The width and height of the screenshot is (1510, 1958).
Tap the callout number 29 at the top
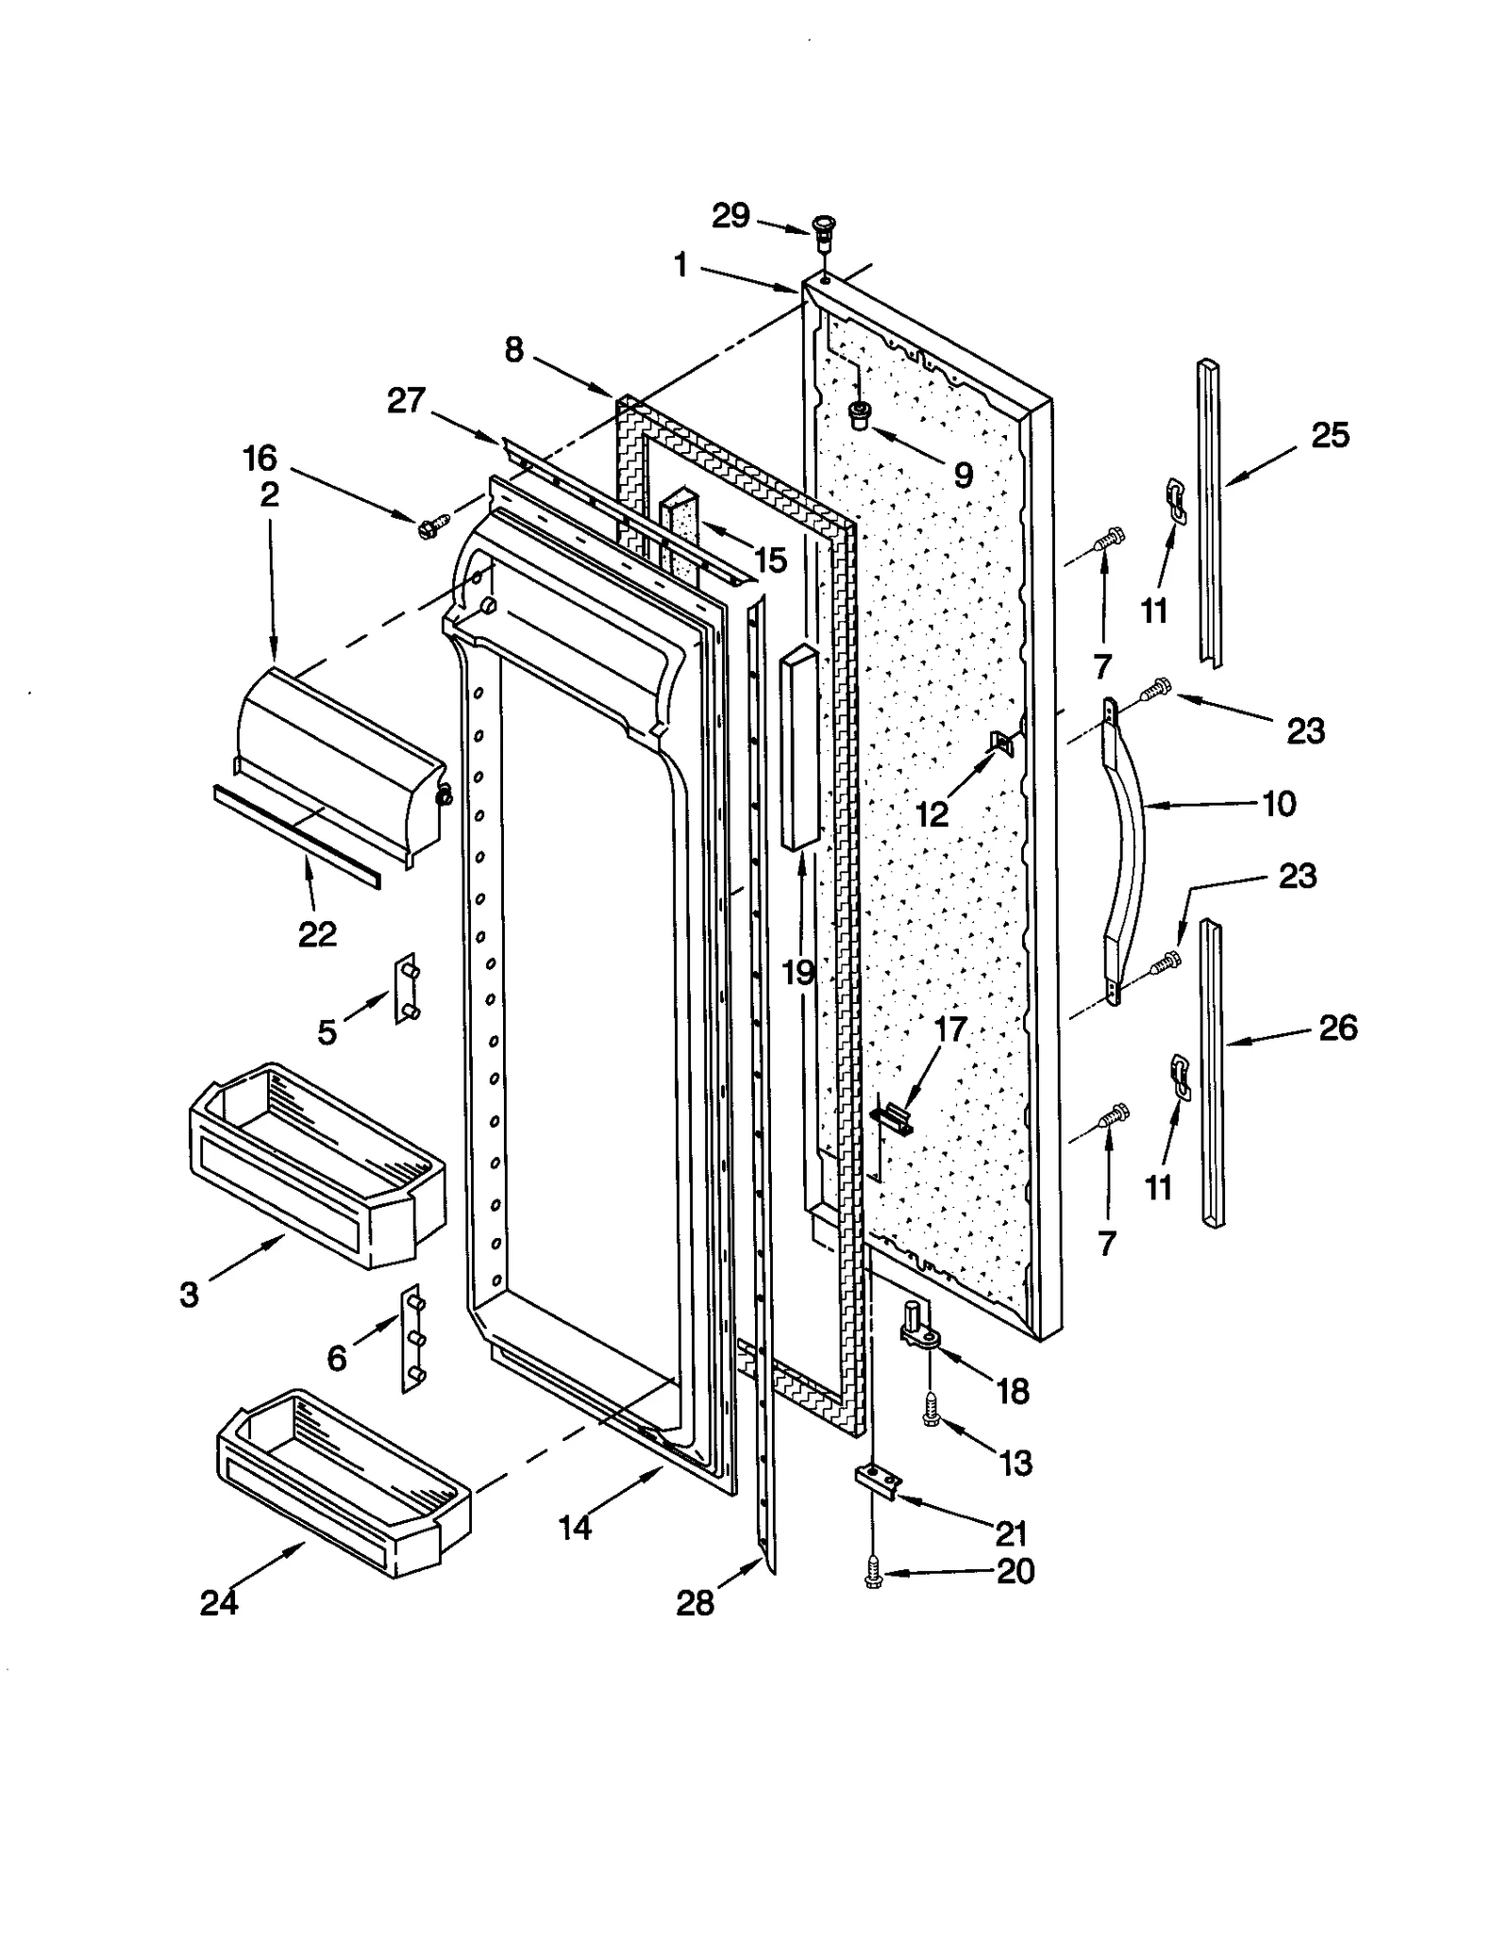pyautogui.click(x=730, y=216)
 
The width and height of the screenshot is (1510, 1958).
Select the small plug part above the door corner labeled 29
pyautogui.click(x=824, y=228)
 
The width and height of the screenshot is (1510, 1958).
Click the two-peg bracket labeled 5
pyautogui.click(x=407, y=988)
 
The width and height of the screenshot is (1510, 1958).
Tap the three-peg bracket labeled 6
pyautogui.click(x=412, y=1337)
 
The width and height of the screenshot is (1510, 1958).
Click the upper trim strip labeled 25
pyautogui.click(x=1210, y=514)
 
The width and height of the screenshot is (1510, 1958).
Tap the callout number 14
pyautogui.click(x=575, y=1527)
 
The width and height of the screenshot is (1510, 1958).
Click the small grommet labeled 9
pyautogui.click(x=860, y=413)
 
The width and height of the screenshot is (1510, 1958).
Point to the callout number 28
pyautogui.click(x=696, y=1601)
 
